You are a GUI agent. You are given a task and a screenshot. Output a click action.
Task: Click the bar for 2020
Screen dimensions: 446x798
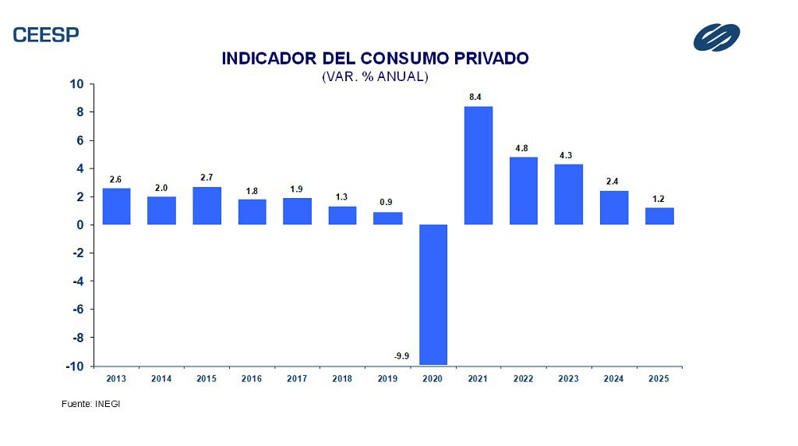coord(433,294)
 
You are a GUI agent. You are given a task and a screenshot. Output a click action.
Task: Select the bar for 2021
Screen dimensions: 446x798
coord(478,165)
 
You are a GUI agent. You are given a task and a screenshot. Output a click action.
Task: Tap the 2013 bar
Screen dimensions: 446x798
coord(116,207)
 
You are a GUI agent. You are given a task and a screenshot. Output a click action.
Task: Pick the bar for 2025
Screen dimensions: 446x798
coord(659,216)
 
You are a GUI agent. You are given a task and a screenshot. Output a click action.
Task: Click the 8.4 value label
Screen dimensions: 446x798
coord(475,97)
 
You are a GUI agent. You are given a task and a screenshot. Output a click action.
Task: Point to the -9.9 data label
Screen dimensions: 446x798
coord(401,356)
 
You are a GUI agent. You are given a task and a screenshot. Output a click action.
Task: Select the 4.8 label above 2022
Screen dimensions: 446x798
coord(521,148)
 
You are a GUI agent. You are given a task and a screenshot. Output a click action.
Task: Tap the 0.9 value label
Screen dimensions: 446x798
coord(386,203)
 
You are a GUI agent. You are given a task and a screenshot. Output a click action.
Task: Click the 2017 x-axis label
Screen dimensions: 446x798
coord(297,379)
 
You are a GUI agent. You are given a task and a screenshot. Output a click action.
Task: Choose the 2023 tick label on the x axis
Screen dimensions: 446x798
coord(569,379)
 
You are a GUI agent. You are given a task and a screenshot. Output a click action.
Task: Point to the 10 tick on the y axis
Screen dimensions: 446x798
coord(78,84)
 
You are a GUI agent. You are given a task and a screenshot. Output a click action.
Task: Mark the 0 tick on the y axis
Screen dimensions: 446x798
coord(82,225)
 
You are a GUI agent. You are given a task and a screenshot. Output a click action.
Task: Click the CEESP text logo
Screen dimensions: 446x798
coord(46,34)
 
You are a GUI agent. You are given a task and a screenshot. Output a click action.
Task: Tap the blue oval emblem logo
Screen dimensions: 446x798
coord(717,37)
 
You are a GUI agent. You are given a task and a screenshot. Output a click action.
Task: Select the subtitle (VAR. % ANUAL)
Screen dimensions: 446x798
coord(375,76)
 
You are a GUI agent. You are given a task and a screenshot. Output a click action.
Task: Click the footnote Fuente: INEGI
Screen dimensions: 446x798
coord(90,404)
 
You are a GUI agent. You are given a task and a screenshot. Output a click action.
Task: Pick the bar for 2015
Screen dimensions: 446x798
coord(207,206)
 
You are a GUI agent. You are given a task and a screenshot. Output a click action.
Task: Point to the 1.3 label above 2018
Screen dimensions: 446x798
coord(341,197)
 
